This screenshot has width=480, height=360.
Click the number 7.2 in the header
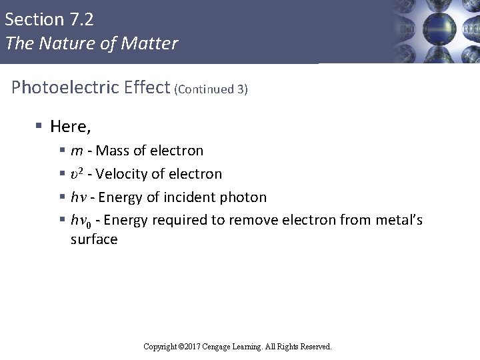[x=77, y=19]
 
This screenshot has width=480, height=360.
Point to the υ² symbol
[x=77, y=173]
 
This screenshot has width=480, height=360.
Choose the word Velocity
[x=124, y=174]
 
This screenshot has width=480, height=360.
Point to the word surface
[x=94, y=239]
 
